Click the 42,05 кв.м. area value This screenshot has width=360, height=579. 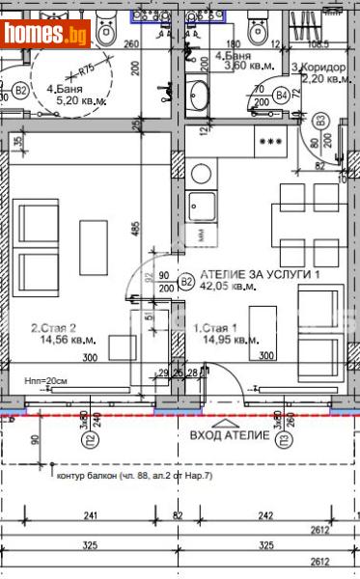click(230, 286)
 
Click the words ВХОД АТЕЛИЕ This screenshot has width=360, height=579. click(231, 436)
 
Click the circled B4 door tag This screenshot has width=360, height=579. click(281, 96)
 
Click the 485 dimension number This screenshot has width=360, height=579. click(137, 232)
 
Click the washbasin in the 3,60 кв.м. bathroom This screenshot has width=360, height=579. click(200, 96)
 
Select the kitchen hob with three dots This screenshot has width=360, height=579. click(270, 141)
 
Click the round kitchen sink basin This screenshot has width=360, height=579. click(202, 174)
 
